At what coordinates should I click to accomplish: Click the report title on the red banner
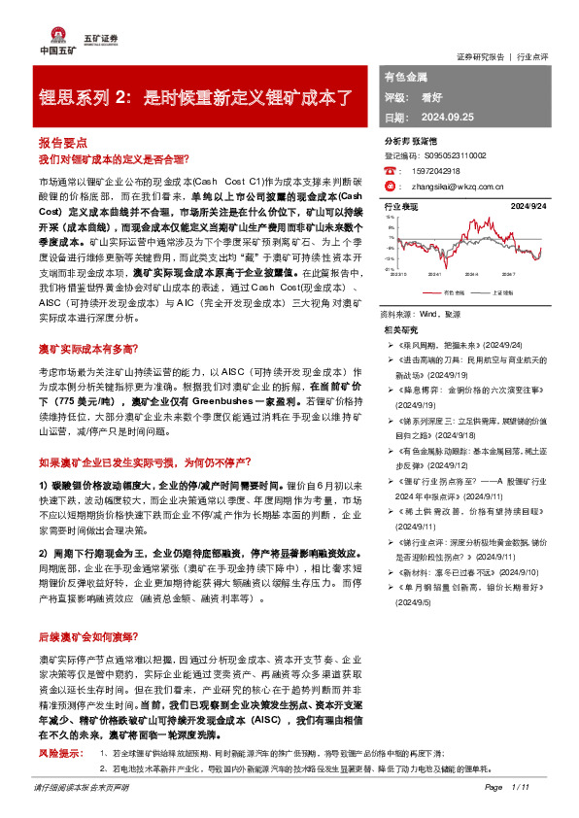[x=194, y=98]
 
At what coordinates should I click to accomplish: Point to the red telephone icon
[x=390, y=169]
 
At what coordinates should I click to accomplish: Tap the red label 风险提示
[x=58, y=753]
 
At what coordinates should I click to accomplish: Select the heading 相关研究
[x=401, y=331]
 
